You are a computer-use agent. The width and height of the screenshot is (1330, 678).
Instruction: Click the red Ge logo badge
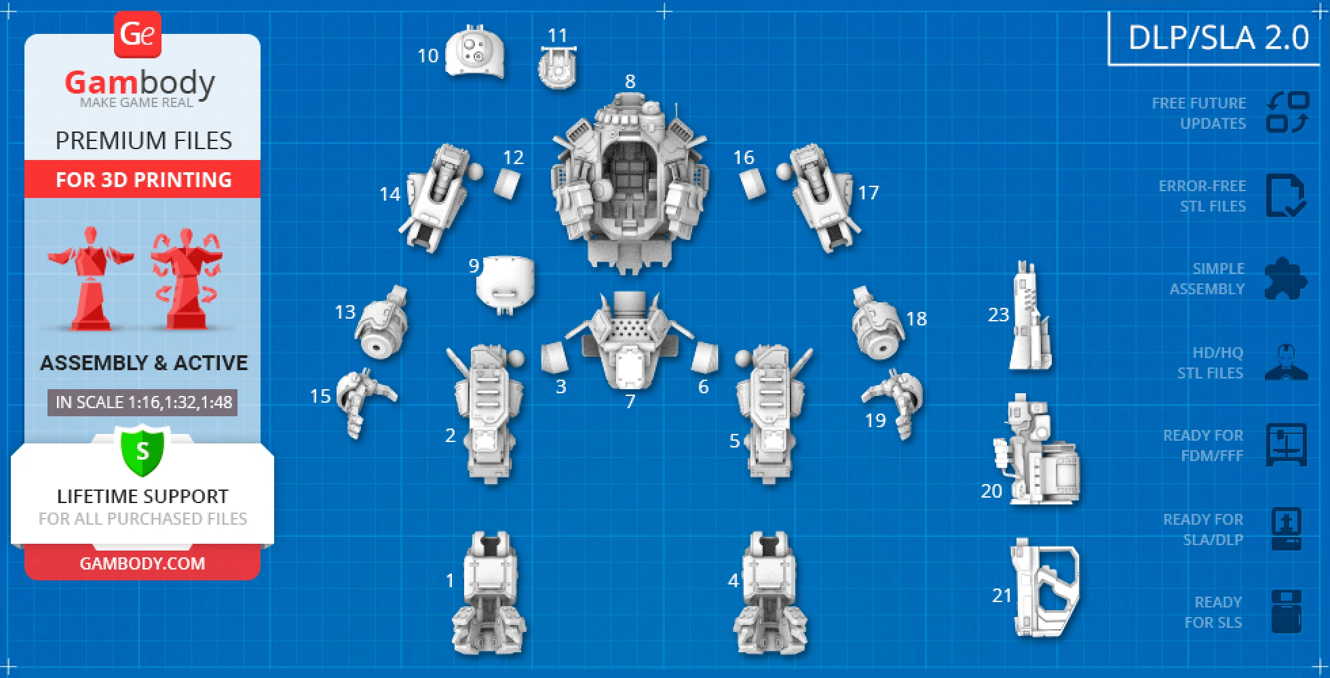(x=138, y=34)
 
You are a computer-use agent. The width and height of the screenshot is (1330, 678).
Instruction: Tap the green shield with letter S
(x=142, y=451)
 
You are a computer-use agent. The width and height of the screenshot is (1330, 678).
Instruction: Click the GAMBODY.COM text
(x=142, y=563)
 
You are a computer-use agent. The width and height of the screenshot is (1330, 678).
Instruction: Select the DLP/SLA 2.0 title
(x=1218, y=37)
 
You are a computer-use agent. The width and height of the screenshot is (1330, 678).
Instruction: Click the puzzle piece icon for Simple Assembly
(x=1286, y=278)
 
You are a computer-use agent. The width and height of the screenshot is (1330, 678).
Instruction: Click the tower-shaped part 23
(x=1030, y=317)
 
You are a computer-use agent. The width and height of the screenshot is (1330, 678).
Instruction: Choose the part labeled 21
(x=1044, y=588)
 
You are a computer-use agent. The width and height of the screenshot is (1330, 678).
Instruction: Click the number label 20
(x=991, y=490)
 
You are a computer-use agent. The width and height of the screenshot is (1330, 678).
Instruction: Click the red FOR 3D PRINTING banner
(x=142, y=179)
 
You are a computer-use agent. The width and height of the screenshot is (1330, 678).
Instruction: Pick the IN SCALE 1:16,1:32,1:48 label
(x=142, y=402)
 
